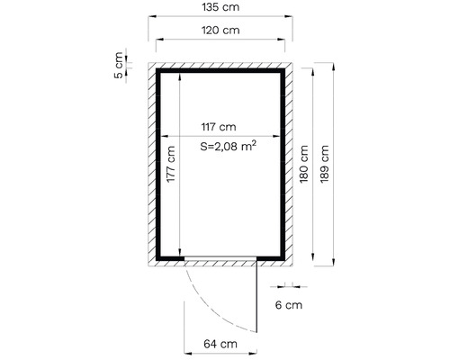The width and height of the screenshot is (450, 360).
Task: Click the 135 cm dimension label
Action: (220, 7)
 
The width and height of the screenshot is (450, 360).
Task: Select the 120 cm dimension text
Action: (220, 31)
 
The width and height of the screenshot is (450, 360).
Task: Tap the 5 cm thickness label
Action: (119, 65)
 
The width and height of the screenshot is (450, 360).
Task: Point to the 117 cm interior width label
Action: (219, 127)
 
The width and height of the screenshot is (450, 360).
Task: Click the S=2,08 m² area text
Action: (229, 146)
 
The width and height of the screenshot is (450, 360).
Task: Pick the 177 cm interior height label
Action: (170, 164)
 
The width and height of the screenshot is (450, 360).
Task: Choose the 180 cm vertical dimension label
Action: (303, 164)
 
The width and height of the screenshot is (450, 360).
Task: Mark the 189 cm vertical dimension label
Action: (324, 164)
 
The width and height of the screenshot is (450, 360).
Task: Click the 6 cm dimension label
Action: (289, 305)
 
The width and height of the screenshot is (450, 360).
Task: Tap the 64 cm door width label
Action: (220, 344)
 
